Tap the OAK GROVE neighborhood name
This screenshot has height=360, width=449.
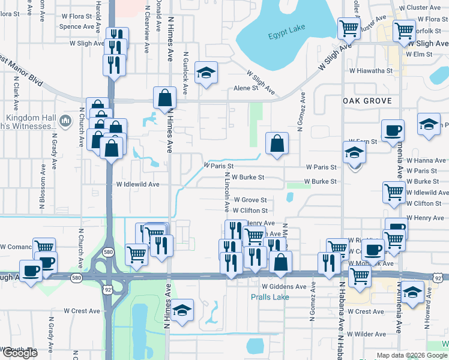[367, 101]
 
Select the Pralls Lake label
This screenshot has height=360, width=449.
[270, 297]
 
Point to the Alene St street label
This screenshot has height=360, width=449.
[245, 88]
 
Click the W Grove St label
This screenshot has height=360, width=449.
[250, 200]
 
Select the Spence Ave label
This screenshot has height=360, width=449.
[77, 26]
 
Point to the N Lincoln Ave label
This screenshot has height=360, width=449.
[227, 192]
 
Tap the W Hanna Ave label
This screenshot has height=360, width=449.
[426, 161]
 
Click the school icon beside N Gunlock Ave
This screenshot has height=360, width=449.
[206, 73]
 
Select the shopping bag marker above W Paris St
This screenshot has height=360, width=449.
[276, 143]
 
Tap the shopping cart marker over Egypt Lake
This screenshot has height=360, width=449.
[349, 28]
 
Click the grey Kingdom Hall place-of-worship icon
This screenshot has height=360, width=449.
[65, 122]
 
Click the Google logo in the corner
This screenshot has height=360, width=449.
[19, 353]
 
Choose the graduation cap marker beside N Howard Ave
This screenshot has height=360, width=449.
[412, 292]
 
